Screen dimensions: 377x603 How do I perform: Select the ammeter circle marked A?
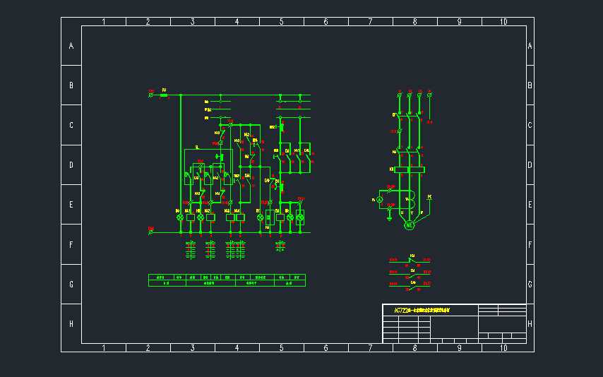coord(378,201)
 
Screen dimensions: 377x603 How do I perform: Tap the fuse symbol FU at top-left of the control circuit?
coord(164,95)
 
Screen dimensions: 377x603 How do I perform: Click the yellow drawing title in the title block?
coord(422,310)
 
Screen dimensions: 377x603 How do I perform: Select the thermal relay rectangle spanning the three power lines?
coord(410,169)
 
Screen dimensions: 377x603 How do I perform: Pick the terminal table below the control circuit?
coord(227,280)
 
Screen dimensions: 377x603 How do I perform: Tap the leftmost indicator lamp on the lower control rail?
coord(179,217)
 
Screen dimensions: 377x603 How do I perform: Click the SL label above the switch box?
coord(197,147)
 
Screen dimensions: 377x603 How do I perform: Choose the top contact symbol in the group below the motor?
coord(412,260)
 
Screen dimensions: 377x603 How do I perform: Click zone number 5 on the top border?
coord(281,22)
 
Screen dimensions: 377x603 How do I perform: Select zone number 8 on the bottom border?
coord(414,348)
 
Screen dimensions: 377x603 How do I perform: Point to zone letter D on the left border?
coord(71,164)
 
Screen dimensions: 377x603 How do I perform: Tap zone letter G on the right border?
coord(530,284)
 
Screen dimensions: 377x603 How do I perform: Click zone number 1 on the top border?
coord(104,22)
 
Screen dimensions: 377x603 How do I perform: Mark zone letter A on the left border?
coord(71,46)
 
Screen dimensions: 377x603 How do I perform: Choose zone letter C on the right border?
coord(530,125)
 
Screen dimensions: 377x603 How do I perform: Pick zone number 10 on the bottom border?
coord(503,348)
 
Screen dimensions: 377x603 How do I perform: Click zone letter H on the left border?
coord(71,323)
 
